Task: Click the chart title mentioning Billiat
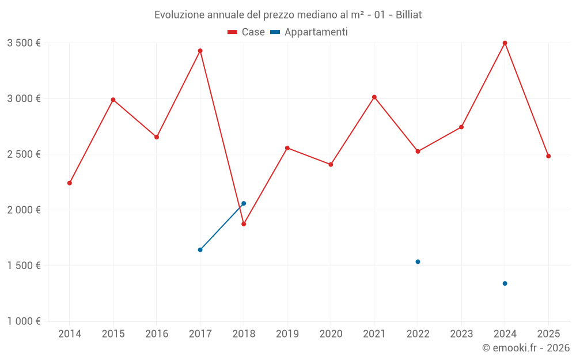[288, 14]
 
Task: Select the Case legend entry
[246, 32]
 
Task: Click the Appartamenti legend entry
[309, 32]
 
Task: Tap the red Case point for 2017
[200, 51]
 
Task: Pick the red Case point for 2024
[505, 43]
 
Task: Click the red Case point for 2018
[244, 224]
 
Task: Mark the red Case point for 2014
[70, 183]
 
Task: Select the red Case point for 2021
[374, 97]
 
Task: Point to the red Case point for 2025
[548, 156]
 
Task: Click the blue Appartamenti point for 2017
[200, 250]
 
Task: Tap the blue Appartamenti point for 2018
[244, 203]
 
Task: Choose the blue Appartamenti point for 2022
[418, 262]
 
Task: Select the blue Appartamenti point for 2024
[505, 283]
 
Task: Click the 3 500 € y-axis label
[24, 43]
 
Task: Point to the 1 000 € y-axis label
[24, 321]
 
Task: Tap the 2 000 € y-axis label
[24, 210]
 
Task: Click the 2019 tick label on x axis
[287, 334]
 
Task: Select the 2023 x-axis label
[461, 334]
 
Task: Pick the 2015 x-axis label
[113, 334]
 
